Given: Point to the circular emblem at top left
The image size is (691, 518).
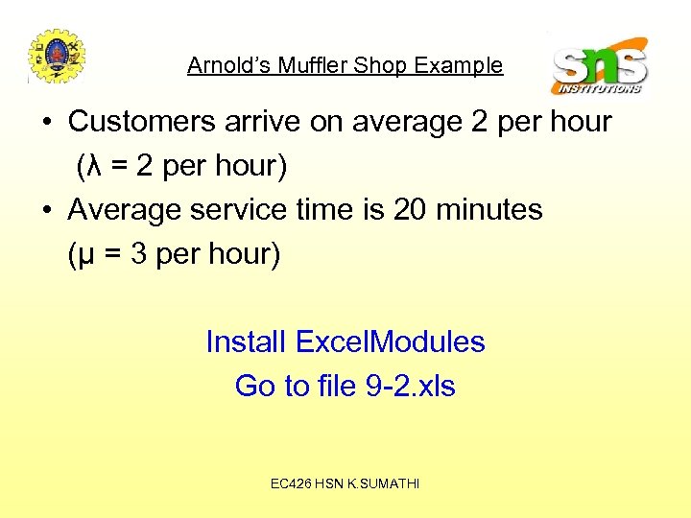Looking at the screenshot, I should coord(57,56).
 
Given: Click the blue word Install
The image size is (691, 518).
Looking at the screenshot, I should coord(246,341).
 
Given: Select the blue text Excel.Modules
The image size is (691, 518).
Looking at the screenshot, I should coord(390,341).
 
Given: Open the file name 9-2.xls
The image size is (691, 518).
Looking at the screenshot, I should coord(411,386).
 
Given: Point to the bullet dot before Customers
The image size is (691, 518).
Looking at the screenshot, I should coord(48,123).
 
